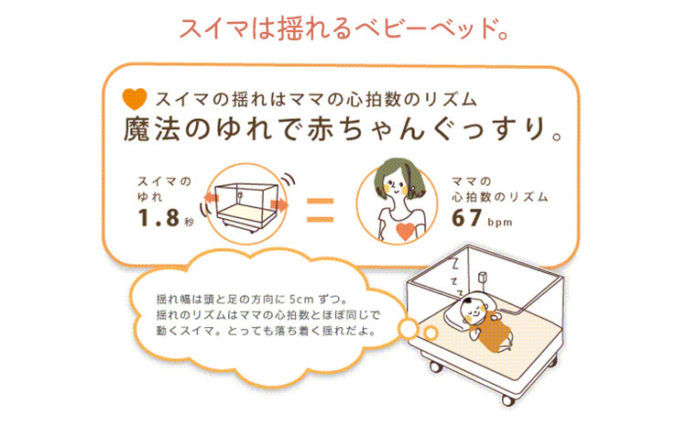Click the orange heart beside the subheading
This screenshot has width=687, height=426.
pyautogui.click(x=135, y=99)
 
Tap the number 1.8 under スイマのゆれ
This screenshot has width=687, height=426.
pyautogui.click(x=158, y=217)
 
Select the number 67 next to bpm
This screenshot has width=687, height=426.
pyautogui.click(x=467, y=218)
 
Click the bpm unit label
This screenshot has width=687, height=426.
pyautogui.click(x=500, y=223)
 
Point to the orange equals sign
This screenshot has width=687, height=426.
pyautogui.click(x=320, y=210)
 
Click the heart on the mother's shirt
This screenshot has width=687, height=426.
pyautogui.click(x=405, y=232)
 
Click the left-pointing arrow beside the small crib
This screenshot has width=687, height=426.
pyautogui.click(x=212, y=198)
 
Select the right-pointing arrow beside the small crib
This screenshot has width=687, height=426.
pyautogui.click(x=280, y=204)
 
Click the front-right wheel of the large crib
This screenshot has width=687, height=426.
pyautogui.click(x=507, y=399)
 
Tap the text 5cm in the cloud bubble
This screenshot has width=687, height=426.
pyautogui.click(x=301, y=300)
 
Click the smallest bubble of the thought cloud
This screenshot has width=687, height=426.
pyautogui.click(x=431, y=333)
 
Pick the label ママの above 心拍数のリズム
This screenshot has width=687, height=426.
pyautogui.click(x=472, y=181)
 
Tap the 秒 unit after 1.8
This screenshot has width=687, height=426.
pyautogui.click(x=189, y=223)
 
